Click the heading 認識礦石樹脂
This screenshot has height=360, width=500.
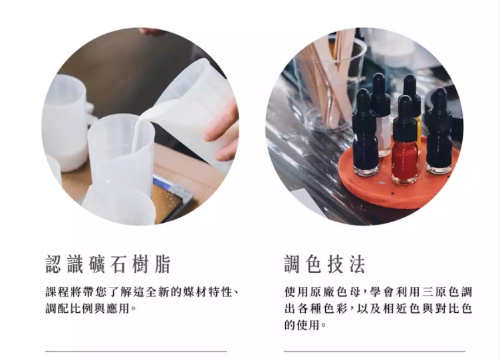point(108,264)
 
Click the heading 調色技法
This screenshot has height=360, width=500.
point(324,264)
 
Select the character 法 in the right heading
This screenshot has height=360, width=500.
point(357,264)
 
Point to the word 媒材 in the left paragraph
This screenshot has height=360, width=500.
point(195,291)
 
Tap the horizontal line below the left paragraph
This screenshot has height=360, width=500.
point(136,351)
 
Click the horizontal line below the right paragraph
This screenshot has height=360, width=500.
point(374,351)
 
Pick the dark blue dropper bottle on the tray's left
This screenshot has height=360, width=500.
point(365,134)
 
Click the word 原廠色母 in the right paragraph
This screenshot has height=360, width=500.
point(321,291)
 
